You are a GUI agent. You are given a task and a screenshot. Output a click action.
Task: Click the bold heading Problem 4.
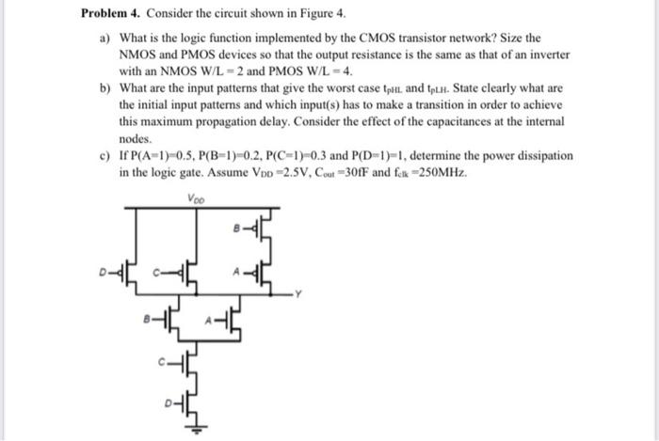tap(112, 14)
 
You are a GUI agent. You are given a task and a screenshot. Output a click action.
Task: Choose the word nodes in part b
tap(137, 137)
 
